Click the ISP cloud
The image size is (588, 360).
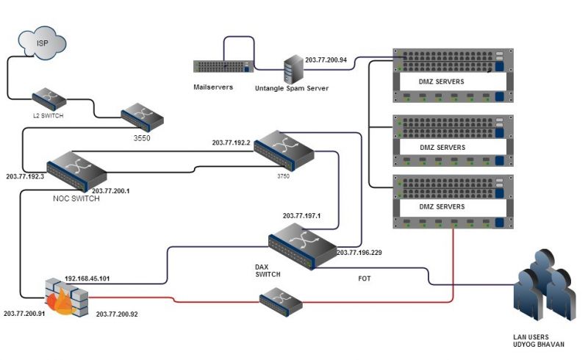coord(42,43)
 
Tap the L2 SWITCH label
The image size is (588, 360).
coord(48,115)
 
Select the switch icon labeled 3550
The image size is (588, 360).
coord(142,117)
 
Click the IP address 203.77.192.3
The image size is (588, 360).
coord(25,176)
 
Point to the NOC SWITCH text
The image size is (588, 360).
coord(76,199)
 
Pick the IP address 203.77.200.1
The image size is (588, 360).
coord(111,191)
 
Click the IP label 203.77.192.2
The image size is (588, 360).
coord(231,143)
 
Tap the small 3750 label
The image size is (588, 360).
coord(283,176)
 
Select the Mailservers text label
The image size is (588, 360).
coord(213,87)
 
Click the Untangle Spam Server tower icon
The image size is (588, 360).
coord(293,69)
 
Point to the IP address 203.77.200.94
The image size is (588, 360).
coord(326,60)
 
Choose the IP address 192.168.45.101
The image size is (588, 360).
coord(87,278)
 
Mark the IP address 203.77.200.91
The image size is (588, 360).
coord(24,313)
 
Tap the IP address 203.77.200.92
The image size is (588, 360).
coord(117,314)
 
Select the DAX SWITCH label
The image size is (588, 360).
coord(268,270)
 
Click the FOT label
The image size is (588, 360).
coord(364,278)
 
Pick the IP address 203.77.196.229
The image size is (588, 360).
coord(359,253)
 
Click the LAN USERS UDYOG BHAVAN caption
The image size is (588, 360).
coord(539,340)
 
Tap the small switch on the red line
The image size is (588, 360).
coord(281,302)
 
